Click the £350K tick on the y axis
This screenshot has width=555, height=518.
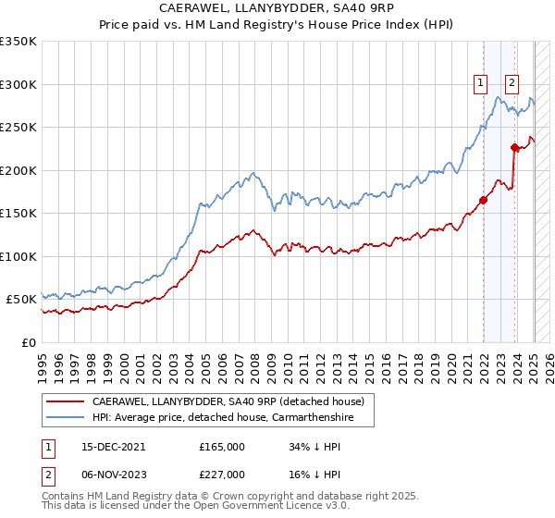point(18,42)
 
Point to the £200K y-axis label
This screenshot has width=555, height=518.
point(18,170)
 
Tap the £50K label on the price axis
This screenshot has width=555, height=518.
point(21,300)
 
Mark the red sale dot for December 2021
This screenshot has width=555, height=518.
point(483,200)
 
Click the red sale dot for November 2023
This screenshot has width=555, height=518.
point(514,147)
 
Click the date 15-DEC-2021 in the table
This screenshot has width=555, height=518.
point(106,447)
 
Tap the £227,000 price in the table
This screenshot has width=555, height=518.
point(221,475)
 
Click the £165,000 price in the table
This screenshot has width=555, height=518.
point(221,447)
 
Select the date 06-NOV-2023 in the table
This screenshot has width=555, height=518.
point(106,475)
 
